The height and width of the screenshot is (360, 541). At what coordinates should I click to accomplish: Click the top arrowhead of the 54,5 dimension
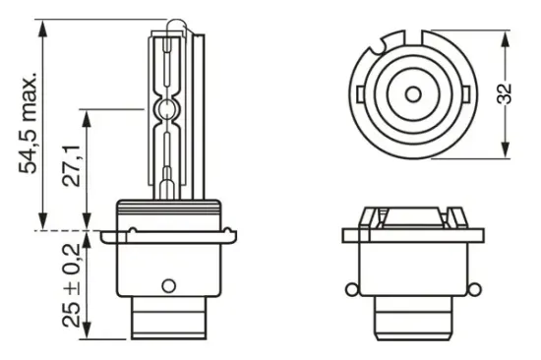pyautogui.click(x=42, y=21)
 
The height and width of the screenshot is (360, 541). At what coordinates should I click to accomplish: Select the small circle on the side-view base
pyautogui.click(x=167, y=286)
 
